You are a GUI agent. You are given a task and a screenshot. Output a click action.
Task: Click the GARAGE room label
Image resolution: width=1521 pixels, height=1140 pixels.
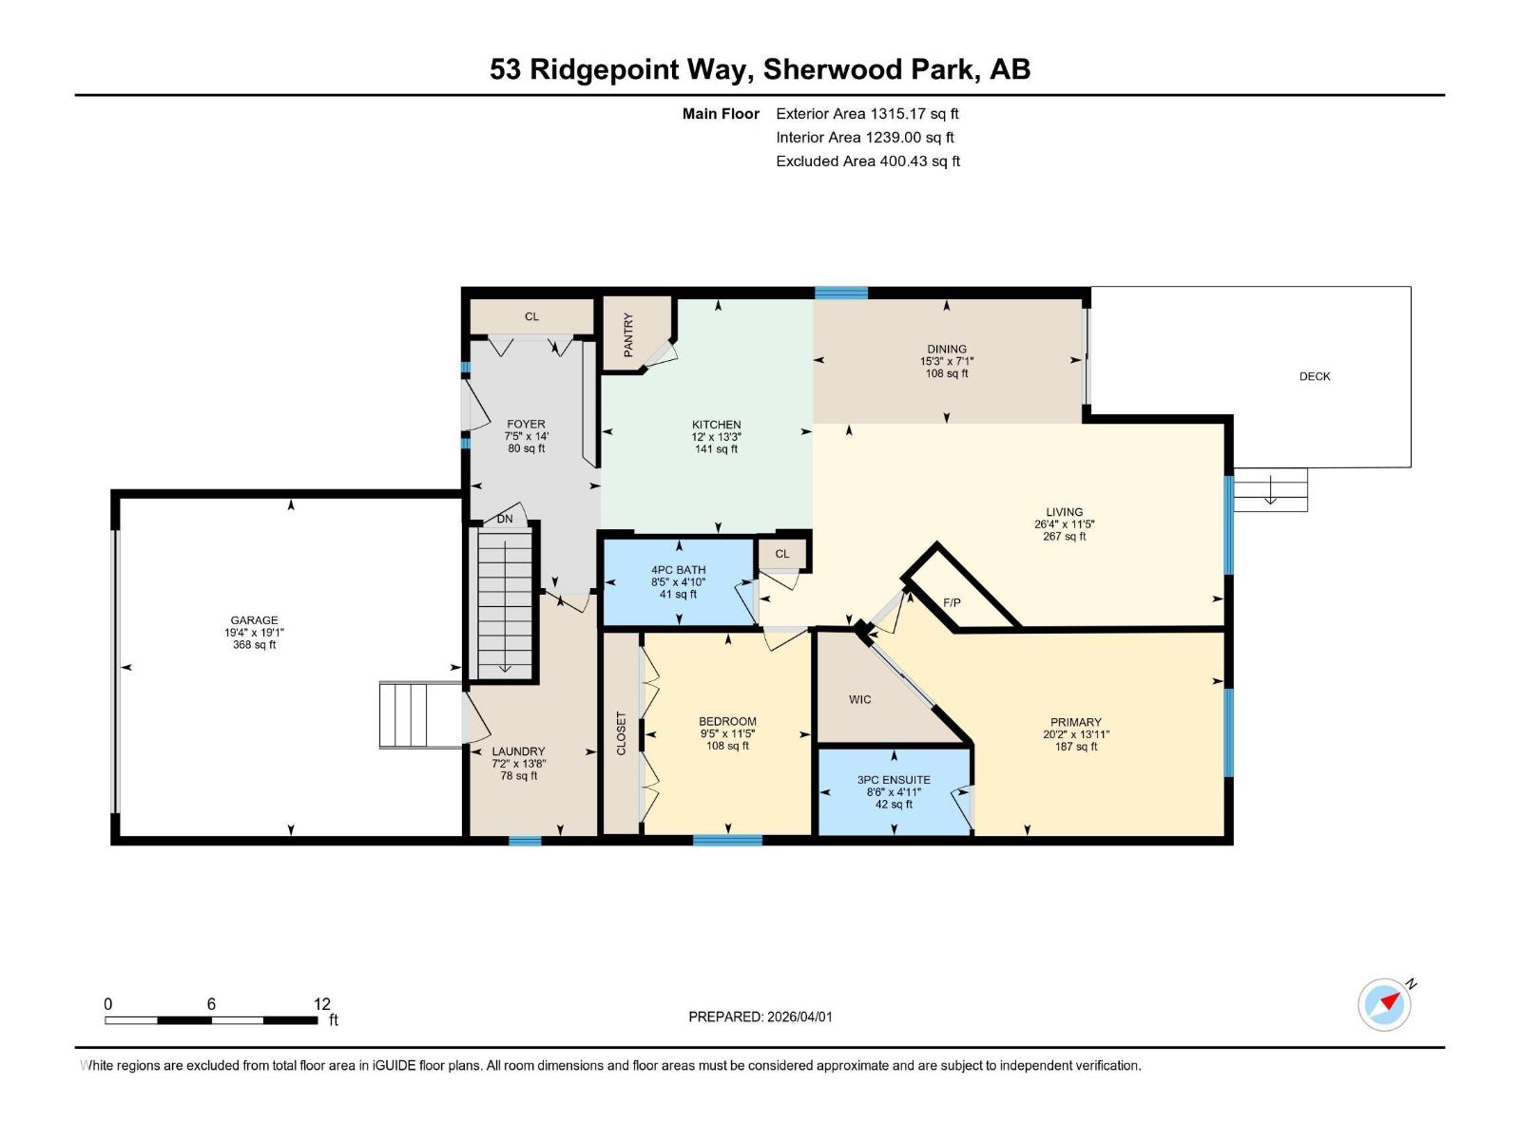(254, 620)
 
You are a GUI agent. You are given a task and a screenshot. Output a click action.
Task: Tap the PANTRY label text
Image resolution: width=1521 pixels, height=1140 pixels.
(628, 335)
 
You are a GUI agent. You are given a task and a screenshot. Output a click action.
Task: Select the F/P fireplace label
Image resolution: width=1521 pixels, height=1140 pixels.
(952, 603)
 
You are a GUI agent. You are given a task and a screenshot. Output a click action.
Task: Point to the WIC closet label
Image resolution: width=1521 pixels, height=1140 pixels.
(859, 699)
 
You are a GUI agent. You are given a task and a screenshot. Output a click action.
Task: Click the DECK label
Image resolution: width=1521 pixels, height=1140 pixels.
(1315, 376)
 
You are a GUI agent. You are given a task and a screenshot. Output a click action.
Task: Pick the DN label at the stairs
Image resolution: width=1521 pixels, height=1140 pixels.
(505, 519)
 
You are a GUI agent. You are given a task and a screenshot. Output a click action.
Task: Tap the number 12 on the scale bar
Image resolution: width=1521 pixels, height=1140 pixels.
(321, 1004)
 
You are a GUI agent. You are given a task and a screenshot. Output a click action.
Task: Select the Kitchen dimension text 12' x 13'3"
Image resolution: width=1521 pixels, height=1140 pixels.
(716, 437)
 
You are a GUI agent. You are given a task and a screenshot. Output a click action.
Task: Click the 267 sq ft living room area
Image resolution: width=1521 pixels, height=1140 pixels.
(1064, 537)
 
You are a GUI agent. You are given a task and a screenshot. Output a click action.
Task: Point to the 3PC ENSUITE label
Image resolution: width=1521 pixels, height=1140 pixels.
(894, 780)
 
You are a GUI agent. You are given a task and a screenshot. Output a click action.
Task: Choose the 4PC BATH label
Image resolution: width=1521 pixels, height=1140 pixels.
(678, 570)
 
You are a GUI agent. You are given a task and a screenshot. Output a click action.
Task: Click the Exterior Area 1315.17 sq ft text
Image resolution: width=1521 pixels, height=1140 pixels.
(867, 113)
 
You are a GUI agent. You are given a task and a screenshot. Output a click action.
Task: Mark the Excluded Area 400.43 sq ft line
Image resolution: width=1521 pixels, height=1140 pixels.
(867, 161)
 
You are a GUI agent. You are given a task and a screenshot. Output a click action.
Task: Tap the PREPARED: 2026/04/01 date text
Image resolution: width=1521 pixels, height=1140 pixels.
(760, 1016)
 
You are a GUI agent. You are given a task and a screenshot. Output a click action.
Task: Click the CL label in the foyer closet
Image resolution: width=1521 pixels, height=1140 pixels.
(531, 316)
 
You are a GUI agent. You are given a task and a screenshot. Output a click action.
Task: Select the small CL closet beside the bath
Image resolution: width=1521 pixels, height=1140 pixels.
(781, 554)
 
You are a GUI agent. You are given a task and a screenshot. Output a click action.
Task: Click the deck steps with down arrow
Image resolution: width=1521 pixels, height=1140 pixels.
(1270, 489)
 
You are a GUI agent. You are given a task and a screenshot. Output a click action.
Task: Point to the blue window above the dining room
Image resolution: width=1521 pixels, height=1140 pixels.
(841, 293)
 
